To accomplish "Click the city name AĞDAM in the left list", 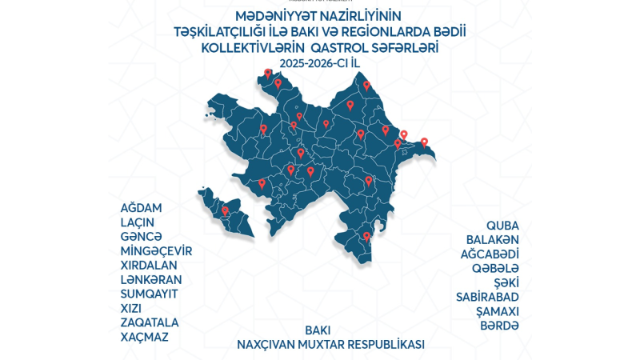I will (x=142, y=208).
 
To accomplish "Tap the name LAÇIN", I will (x=137, y=222).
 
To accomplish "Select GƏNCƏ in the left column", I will (x=141, y=237).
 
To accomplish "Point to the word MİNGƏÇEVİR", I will (x=156, y=251).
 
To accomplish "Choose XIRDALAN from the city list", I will (x=149, y=266).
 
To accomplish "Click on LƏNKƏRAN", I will (x=150, y=280).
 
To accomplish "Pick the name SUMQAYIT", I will (x=148, y=294).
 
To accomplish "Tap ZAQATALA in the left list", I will (x=149, y=323).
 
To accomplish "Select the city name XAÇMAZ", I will (x=144, y=338).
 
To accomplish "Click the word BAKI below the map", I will (x=318, y=330).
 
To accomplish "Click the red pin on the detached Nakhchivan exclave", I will (x=225, y=211).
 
